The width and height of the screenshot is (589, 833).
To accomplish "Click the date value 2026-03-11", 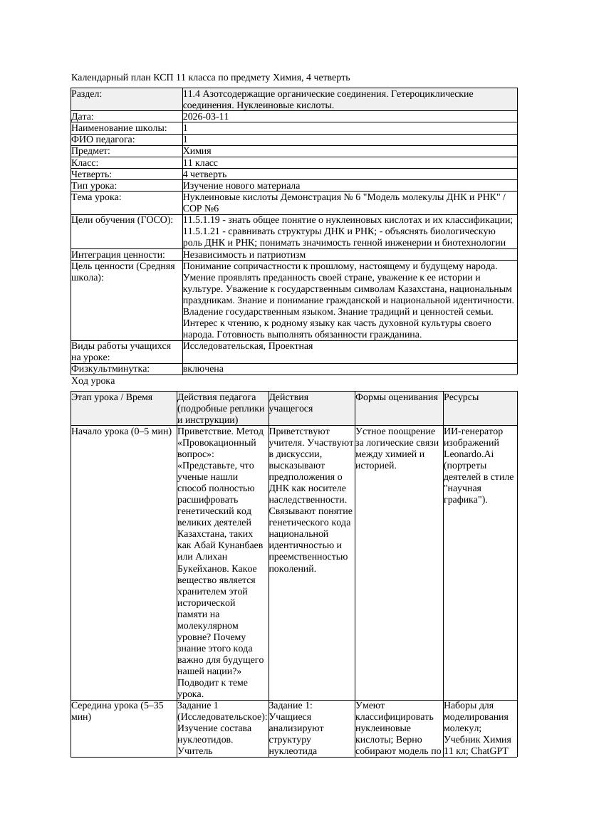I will coord(206,117).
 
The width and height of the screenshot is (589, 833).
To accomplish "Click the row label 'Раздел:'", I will coord(87,94).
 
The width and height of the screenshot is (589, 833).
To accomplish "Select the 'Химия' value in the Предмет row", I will coord(197,151).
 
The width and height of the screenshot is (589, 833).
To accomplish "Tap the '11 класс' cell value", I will coord(200,162).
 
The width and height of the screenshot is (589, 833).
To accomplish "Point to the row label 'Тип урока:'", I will coord(94,185).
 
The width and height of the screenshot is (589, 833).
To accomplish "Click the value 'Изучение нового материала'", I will coord(241,185).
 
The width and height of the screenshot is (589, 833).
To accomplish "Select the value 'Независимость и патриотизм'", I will coord(244,254).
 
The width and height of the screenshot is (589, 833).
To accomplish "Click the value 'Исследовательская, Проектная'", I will coord(248,346).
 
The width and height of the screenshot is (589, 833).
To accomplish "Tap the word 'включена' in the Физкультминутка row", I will coord(203,369).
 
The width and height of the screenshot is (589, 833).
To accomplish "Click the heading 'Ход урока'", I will coord(93,381).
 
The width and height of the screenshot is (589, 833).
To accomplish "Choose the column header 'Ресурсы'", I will coord(462,397).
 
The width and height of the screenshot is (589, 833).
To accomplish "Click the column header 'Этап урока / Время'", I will coord(113,397).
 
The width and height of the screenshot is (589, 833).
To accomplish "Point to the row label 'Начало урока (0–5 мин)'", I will coord(121,431).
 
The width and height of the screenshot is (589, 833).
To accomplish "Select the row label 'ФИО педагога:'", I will coord(103,140).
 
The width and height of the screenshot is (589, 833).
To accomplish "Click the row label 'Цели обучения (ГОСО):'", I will coord(122,220).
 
